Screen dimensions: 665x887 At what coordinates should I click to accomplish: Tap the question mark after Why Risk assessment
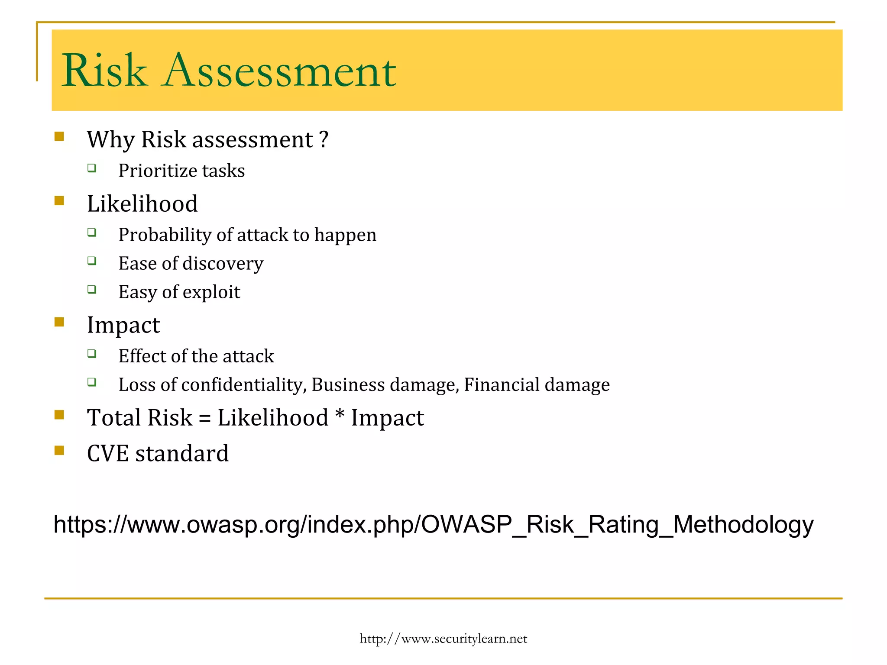324,139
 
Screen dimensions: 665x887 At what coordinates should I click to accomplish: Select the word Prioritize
157,171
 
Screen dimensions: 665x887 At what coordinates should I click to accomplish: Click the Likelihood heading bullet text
142,203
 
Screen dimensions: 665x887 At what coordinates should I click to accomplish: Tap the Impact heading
123,325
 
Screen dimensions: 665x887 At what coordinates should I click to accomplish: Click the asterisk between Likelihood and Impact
340,416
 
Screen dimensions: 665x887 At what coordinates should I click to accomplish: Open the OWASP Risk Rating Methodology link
433,524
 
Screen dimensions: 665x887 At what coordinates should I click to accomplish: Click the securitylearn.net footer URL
443,639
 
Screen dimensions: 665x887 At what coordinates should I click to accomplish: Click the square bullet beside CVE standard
59,451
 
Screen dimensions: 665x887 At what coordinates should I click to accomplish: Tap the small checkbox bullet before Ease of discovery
91,261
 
